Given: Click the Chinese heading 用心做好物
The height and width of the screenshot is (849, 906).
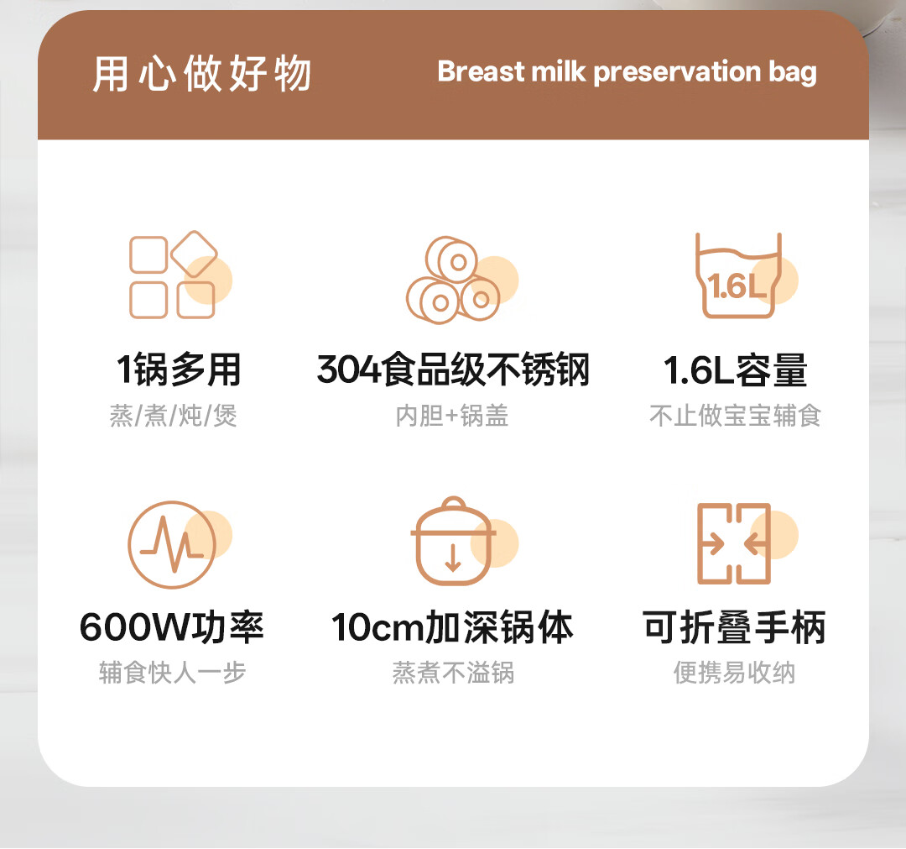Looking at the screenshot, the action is click(202, 73).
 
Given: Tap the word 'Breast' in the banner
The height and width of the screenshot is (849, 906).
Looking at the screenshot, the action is click(481, 71).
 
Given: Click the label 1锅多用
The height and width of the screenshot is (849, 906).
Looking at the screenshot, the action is click(179, 369).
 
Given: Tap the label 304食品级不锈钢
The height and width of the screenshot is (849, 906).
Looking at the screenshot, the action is click(453, 369).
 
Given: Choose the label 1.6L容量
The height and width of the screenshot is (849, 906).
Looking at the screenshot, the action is click(735, 369).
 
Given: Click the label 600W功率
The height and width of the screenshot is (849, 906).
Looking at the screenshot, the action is click(172, 627).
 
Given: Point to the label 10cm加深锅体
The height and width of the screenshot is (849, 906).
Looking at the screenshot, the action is click(452, 627).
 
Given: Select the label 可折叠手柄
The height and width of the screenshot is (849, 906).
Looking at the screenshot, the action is click(734, 627).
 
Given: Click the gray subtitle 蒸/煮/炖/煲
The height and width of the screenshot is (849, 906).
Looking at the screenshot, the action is click(174, 415).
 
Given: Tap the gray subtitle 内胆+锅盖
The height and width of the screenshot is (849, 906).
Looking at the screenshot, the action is click(452, 415).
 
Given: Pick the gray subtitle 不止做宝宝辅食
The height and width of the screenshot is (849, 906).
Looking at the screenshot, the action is click(735, 415).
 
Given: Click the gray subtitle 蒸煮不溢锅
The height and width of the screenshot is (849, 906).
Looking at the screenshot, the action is click(453, 673).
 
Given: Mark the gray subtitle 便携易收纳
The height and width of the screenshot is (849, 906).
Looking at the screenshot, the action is click(734, 673).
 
